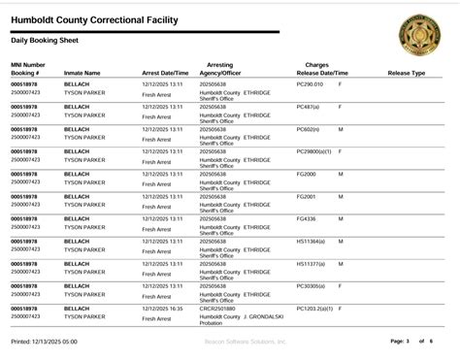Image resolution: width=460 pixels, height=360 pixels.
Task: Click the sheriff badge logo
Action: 418,35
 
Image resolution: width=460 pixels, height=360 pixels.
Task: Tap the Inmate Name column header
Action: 82,73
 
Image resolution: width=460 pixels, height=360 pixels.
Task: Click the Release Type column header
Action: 406,73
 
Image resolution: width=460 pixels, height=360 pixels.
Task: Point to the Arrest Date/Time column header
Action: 165,73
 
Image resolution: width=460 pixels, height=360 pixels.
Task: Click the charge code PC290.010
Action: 310,84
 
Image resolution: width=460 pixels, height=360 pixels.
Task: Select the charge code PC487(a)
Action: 308,107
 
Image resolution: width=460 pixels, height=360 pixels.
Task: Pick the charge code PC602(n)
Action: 308,129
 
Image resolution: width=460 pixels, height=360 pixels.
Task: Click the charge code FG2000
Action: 306,174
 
